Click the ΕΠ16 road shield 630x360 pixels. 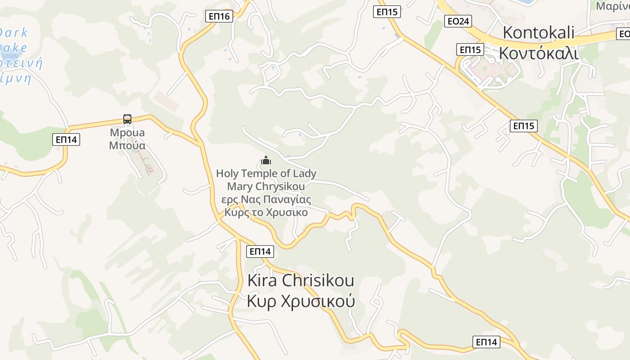pyautogui.click(x=219, y=17)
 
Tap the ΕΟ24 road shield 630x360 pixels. pyautogui.click(x=458, y=21)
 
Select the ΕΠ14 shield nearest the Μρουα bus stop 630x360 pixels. pyautogui.click(x=66, y=139)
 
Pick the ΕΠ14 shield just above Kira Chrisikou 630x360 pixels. pyautogui.click(x=260, y=252)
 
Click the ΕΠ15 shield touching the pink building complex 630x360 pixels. pyautogui.click(x=470, y=49)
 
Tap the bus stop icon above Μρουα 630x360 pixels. pyautogui.click(x=127, y=119)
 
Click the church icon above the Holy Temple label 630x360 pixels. pyautogui.click(x=266, y=160)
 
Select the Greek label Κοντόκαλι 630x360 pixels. pyautogui.click(x=538, y=53)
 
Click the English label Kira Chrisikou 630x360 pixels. pyautogui.click(x=301, y=280)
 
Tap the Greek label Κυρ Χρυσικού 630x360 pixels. pyautogui.click(x=301, y=301)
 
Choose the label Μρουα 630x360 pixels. pyautogui.click(x=127, y=133)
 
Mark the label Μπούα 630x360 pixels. pyautogui.click(x=127, y=145)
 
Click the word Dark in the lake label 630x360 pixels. pyautogui.click(x=13, y=32)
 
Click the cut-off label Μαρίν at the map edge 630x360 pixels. pyautogui.click(x=612, y=6)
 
